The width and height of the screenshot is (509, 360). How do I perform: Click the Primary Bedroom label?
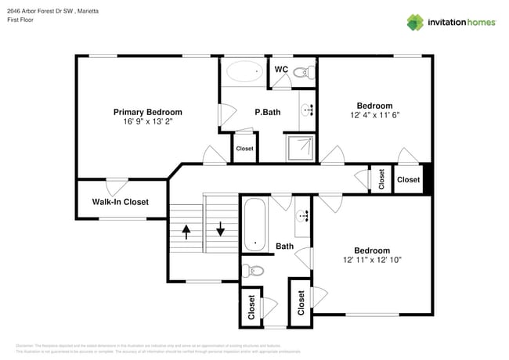tap(147, 112)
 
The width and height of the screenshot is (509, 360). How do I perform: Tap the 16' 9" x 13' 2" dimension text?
tap(147, 122)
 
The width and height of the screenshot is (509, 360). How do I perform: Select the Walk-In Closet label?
tap(120, 202)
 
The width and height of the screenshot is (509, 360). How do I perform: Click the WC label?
tap(281, 70)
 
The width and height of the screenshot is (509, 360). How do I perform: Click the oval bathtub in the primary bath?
tap(245, 74)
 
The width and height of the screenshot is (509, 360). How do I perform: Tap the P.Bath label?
tap(268, 112)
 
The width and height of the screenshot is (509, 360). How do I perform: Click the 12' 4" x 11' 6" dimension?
tap(374, 115)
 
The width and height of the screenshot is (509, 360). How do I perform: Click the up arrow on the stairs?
tap(186, 230)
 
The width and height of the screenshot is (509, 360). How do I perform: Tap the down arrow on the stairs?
tap(221, 230)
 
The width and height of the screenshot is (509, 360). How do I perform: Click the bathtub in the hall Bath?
tap(254, 225)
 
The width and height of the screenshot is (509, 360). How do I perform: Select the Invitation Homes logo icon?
tap(415, 22)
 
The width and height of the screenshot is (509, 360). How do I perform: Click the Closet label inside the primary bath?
tap(244, 149)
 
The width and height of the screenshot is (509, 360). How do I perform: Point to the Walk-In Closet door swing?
tap(117, 187)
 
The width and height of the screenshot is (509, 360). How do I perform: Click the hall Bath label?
tap(284, 247)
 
